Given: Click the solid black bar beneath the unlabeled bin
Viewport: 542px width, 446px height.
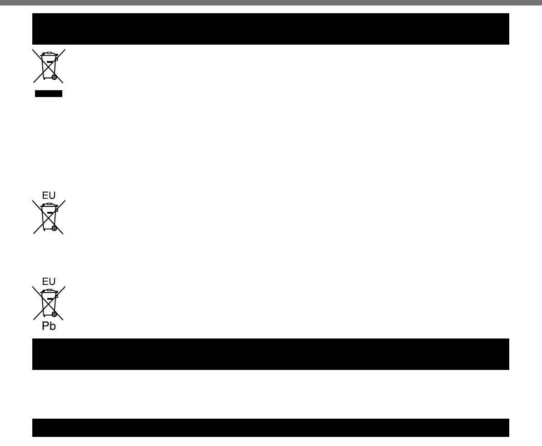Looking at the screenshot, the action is coord(48,94).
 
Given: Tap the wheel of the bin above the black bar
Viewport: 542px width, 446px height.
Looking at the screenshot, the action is coord(54,77).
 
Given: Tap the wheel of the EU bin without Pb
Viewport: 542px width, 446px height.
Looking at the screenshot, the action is coord(54,228).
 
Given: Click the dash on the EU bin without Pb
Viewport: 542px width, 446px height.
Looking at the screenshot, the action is coord(50,212).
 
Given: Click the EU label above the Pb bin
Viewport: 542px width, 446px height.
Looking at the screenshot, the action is coord(49,281).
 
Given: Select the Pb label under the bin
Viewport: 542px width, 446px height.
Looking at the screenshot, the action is coord(49,327).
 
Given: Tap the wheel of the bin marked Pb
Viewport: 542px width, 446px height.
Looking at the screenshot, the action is coord(54,314).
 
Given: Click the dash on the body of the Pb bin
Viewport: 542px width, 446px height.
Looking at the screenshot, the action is coord(50,298).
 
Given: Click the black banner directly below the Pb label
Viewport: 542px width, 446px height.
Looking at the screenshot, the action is coord(271,354).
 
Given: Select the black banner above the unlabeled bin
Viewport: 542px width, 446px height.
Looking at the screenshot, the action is coord(271,29).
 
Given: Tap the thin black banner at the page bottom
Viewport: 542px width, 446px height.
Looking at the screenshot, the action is coord(271,428).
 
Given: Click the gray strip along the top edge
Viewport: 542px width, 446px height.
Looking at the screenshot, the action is coord(271,2).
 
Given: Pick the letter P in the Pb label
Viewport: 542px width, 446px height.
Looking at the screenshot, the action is coord(45,327).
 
